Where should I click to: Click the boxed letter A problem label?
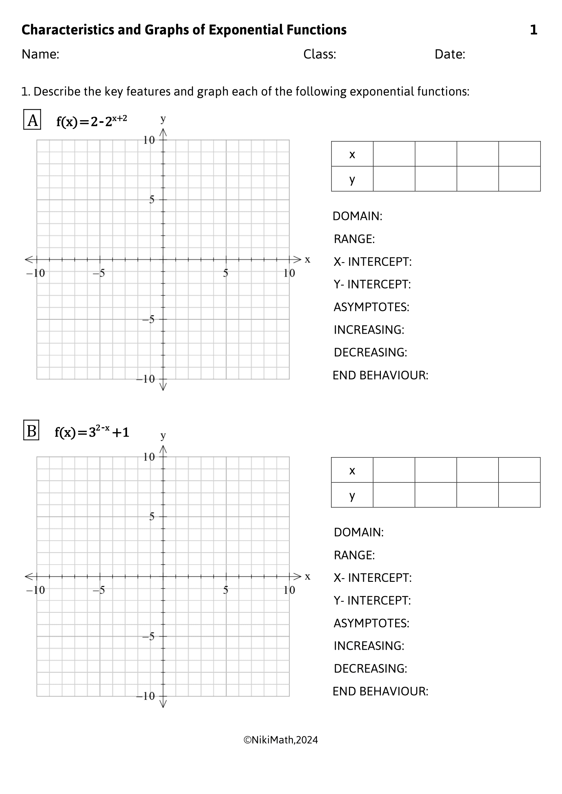tap(32, 119)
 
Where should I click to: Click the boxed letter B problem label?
tap(31, 430)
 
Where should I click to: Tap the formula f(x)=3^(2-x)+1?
tap(92, 432)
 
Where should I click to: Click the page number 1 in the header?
tap(533, 30)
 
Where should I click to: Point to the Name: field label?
tap(40, 54)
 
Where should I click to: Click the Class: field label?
tap(319, 54)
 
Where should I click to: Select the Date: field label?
tap(450, 54)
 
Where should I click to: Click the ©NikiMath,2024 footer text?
tap(281, 740)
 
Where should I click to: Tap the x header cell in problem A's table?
tap(352, 154)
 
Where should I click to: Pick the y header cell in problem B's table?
tap(352, 495)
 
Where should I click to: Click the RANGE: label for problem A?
tap(354, 239)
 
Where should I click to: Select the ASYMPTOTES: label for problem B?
tap(371, 623)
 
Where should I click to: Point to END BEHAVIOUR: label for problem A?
tap(380, 375)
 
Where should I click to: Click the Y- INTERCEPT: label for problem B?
tap(372, 601)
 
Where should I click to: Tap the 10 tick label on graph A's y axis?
tap(149, 141)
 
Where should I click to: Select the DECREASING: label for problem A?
tap(370, 352)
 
